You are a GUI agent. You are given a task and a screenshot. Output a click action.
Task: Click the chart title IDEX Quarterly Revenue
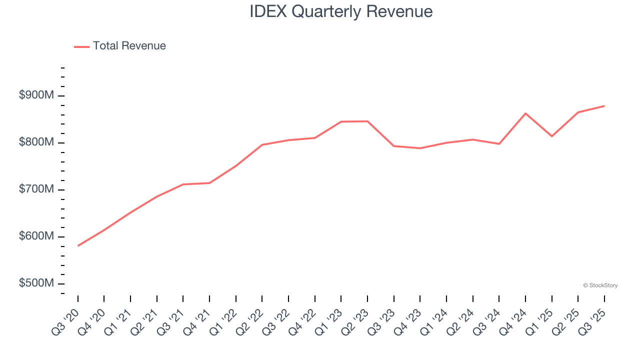tap(341, 11)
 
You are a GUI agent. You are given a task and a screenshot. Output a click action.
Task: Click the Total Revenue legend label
tap(129, 46)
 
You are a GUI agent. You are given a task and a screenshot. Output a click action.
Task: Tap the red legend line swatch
tap(81, 46)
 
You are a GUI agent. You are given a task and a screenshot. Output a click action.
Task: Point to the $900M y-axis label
tap(36, 95)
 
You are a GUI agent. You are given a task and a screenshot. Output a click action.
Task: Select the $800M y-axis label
tap(36, 142)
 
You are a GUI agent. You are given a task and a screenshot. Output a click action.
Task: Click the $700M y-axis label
tap(36, 189)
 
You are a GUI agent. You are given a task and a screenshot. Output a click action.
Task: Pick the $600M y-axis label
tap(36, 236)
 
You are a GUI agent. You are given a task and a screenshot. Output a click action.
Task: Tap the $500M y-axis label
tap(36, 283)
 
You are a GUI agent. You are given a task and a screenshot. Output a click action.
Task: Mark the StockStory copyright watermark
tap(600, 285)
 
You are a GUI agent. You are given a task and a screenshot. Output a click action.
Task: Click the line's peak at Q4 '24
tap(525, 113)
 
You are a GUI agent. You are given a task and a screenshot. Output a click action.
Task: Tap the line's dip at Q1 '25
tap(552, 136)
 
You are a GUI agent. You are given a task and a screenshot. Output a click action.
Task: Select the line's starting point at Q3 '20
tap(78, 245)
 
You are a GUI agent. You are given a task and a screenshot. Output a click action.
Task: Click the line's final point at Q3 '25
tap(604, 106)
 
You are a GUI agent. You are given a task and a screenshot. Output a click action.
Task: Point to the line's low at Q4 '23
tap(420, 148)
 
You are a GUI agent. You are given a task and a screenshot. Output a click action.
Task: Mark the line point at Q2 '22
tap(262, 145)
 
